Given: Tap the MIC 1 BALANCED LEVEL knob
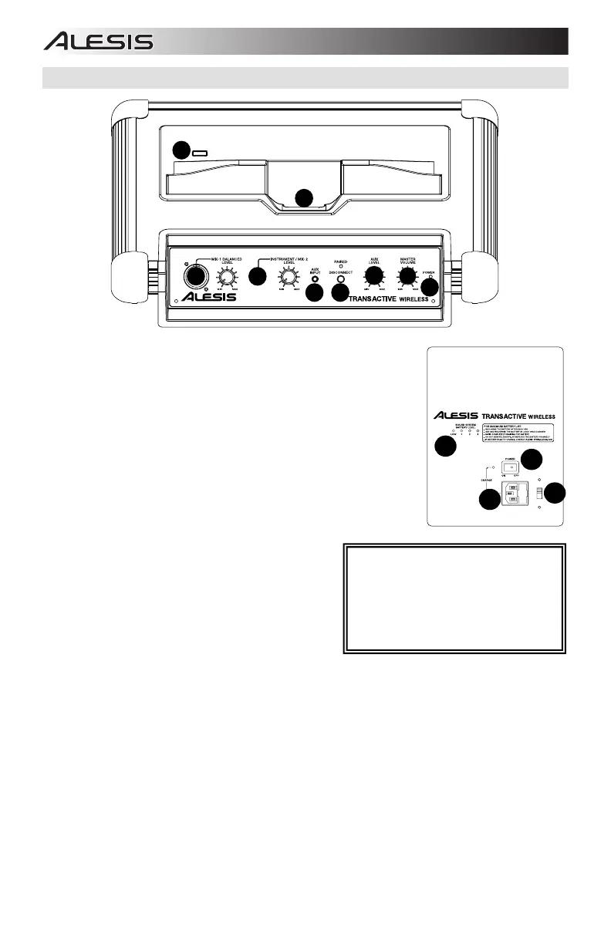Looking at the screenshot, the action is [228, 272].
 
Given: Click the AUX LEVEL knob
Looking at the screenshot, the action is [375, 275].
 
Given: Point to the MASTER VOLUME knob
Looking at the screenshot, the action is [407, 275].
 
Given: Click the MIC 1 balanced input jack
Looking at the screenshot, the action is [196, 275].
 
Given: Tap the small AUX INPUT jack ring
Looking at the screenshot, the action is [315, 278].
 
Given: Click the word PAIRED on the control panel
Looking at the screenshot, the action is [340, 262].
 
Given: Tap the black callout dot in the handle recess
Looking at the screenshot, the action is [305, 197].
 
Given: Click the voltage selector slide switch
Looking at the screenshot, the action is [539, 494].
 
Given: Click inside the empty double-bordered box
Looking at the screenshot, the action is [455, 599].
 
